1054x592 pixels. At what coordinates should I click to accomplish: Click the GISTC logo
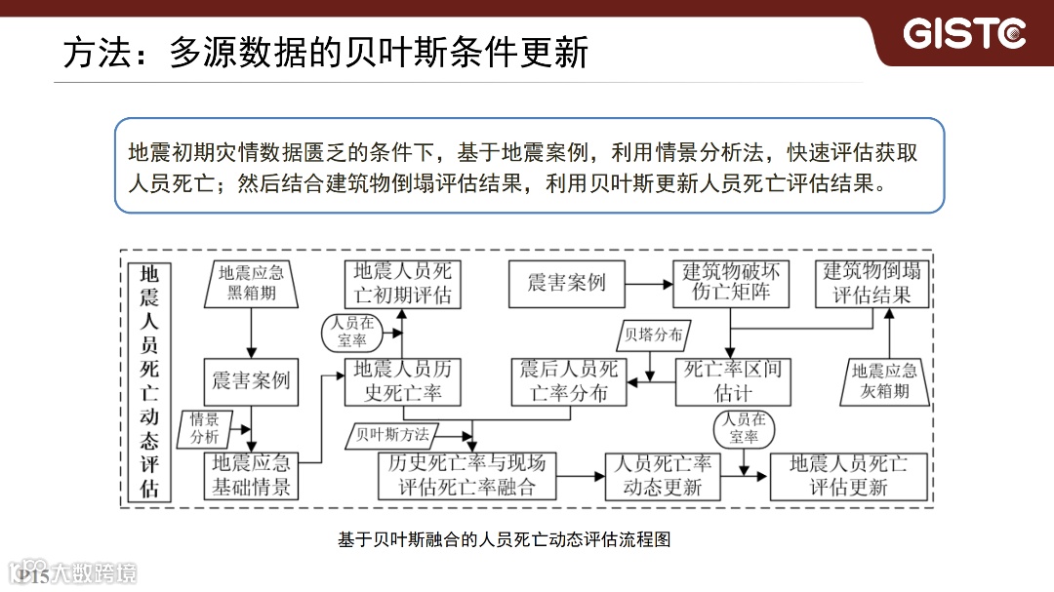[964, 34]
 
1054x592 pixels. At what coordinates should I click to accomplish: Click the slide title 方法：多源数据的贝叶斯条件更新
[326, 52]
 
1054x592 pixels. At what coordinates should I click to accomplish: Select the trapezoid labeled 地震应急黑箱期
[251, 283]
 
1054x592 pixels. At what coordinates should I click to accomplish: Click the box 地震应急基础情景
[252, 476]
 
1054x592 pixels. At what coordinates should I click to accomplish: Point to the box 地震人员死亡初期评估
[402, 283]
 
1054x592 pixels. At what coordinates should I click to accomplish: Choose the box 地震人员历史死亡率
[402, 380]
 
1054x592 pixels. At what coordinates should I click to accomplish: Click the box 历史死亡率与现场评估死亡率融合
[466, 476]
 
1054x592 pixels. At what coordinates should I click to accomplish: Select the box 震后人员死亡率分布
[569, 380]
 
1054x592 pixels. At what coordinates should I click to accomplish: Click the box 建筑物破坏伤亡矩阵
[731, 283]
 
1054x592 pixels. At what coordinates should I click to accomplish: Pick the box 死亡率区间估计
[732, 380]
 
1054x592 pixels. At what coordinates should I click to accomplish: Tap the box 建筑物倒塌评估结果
[872, 283]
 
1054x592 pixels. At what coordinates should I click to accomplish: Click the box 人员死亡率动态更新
[663, 476]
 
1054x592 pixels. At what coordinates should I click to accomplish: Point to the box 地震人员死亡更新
[848, 476]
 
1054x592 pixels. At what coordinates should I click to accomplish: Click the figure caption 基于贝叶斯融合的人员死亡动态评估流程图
[505, 539]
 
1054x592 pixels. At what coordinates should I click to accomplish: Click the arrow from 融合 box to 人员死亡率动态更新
[582, 476]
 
